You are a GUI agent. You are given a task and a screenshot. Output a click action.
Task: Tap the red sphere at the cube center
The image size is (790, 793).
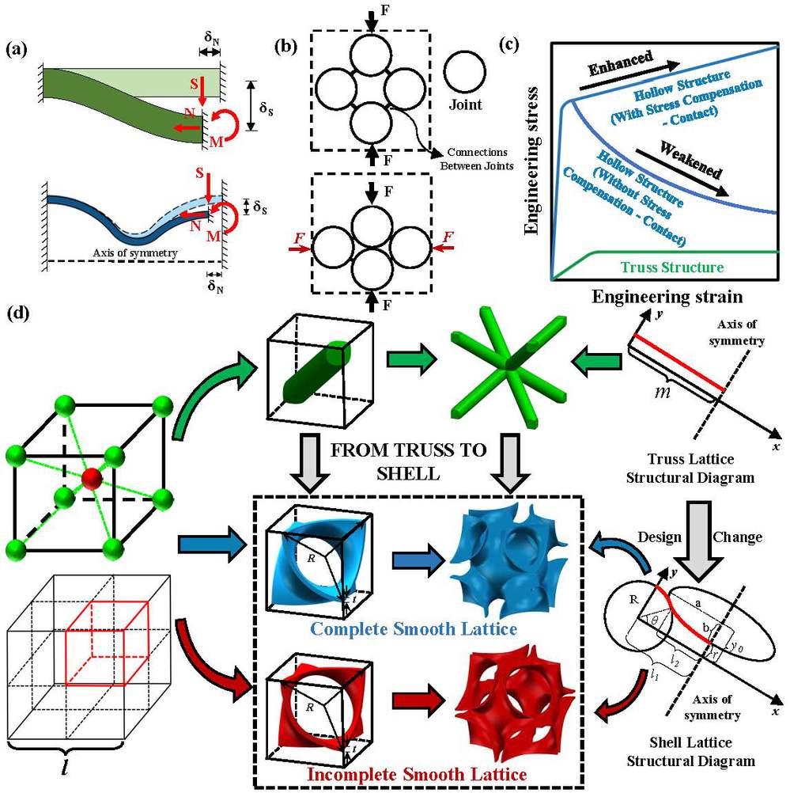(x=92, y=480)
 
